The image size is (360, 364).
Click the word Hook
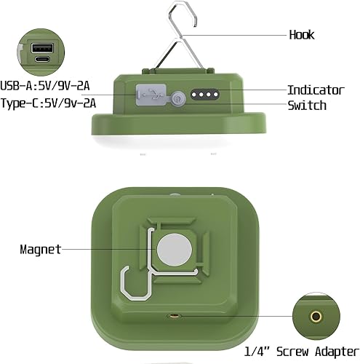(302, 35)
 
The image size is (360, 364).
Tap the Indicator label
(316, 90)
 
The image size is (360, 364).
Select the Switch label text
(307, 106)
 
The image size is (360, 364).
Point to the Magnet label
(41, 249)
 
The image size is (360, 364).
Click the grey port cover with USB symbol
(145, 94)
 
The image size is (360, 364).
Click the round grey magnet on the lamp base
(172, 250)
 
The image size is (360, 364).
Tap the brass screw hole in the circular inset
(316, 317)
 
